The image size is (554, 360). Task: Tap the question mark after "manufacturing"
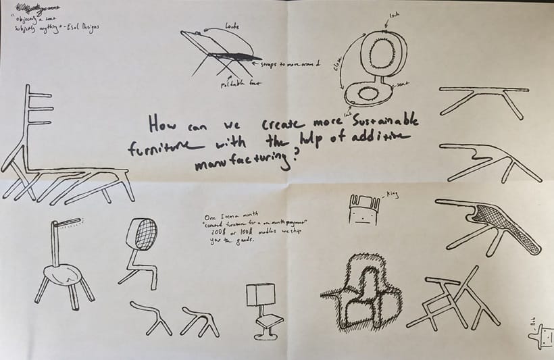coord(297,161)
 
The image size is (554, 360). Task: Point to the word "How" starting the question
coord(161,124)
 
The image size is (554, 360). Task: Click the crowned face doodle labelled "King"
coord(361,209)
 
